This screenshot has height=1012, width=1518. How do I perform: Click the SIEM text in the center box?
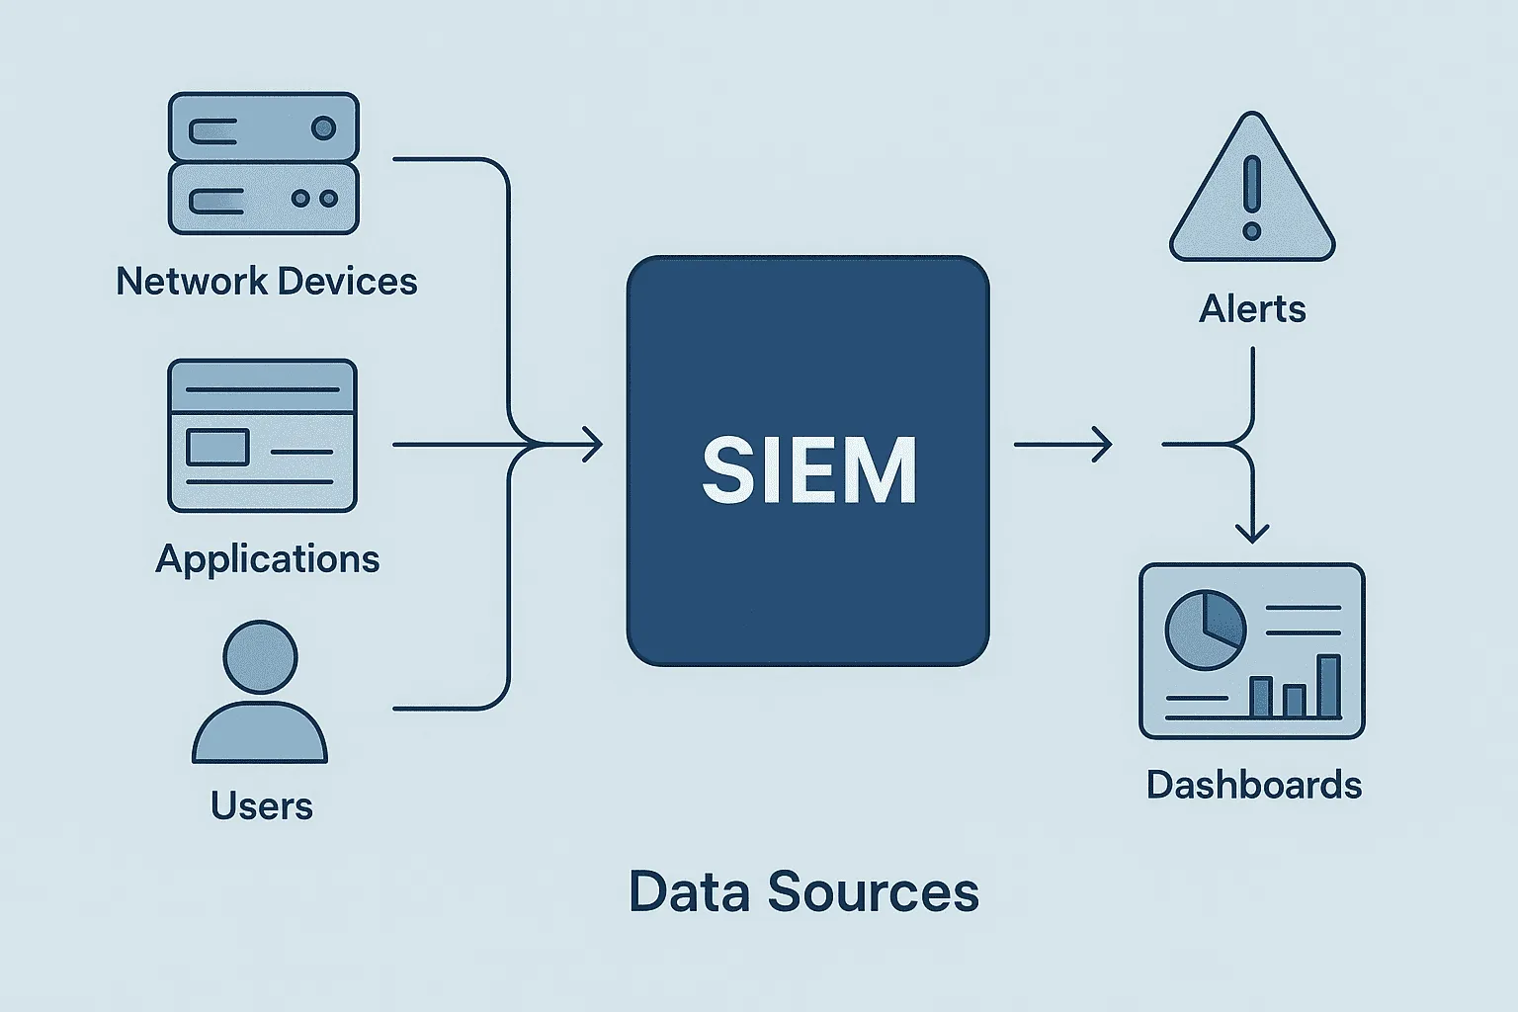tap(809, 470)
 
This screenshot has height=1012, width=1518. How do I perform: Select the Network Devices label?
tap(266, 282)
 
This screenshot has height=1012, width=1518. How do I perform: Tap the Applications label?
tap(267, 559)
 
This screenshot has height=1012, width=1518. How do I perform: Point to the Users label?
tap(261, 806)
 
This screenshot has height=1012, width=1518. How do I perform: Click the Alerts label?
tap(1252, 309)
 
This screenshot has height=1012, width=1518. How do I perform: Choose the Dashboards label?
tap(1253, 786)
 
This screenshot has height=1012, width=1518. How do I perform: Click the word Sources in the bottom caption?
tap(873, 891)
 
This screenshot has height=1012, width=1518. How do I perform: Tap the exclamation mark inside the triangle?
tap(1252, 198)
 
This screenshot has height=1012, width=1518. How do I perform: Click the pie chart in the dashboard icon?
tap(1205, 630)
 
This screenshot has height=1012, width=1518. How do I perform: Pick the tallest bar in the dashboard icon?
tap(1329, 686)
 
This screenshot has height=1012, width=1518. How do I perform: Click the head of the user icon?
tap(260, 657)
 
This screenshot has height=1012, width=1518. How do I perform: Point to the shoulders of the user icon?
tap(260, 733)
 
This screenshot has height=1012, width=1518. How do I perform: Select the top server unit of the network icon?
tap(263, 127)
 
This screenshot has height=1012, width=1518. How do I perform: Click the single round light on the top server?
tap(323, 127)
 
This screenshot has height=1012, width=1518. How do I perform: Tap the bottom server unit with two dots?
tap(263, 199)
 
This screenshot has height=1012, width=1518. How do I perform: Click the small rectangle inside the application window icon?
tap(217, 448)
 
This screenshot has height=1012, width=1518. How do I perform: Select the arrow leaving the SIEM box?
tap(1062, 445)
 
